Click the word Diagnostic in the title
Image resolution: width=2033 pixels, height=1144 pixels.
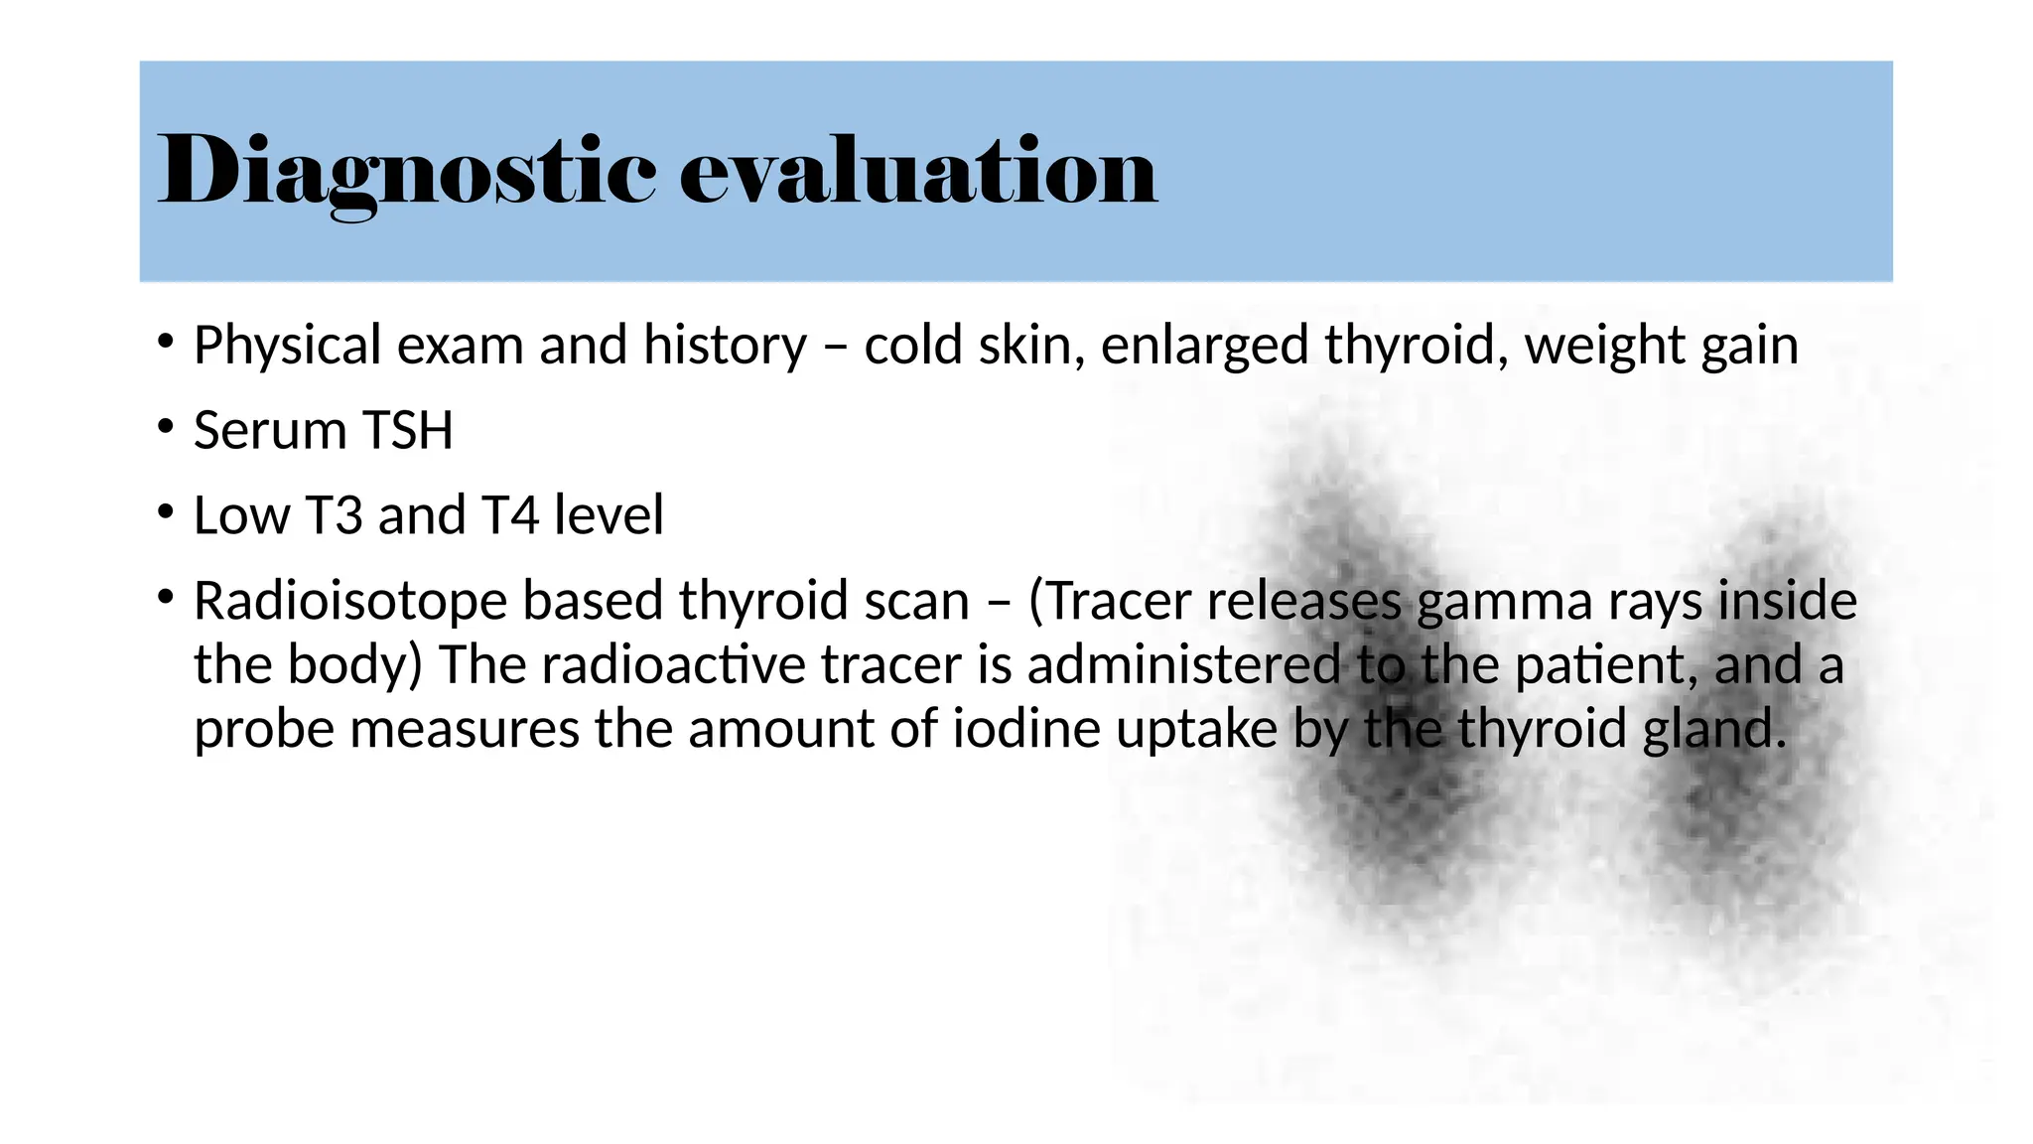pos(407,171)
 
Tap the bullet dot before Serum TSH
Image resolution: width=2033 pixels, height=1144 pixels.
pos(166,428)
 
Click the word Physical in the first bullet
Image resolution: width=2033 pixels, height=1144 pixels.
pos(287,347)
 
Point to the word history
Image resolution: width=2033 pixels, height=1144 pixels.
pos(725,347)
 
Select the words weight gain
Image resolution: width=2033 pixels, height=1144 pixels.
pos(1661,347)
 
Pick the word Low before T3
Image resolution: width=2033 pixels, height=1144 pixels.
pos(241,515)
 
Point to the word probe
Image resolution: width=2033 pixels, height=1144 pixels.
pos(263,730)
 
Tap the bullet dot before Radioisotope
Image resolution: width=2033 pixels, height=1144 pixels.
pos(166,598)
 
